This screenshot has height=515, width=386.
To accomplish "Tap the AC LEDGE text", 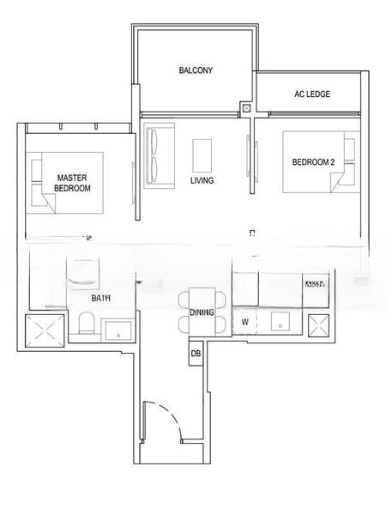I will [311, 94].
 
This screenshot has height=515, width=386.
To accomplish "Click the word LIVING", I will [202, 181].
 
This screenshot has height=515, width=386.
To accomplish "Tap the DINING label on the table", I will [202, 312].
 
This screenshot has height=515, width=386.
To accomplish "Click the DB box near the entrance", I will [196, 354].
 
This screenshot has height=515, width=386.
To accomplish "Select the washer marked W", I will [245, 323].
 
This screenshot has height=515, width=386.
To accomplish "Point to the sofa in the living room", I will [156, 155].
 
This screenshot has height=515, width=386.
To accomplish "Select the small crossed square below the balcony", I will [247, 109].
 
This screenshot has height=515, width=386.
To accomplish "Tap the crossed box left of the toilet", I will [43, 331].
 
